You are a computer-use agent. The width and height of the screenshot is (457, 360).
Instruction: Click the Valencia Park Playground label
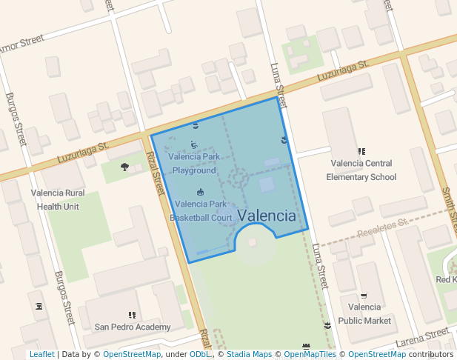click(194, 164)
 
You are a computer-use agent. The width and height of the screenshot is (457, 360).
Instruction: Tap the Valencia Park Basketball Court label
click(201, 210)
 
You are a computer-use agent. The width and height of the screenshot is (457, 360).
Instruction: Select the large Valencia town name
click(266, 216)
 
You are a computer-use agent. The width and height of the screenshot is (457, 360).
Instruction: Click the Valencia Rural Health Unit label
click(58, 200)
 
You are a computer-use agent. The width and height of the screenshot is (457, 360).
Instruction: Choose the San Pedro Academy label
click(132, 326)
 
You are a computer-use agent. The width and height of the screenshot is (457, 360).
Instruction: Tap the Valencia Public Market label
click(364, 313)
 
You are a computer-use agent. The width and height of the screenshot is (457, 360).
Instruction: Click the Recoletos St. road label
click(382, 228)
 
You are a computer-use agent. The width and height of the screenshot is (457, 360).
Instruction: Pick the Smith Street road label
click(449, 207)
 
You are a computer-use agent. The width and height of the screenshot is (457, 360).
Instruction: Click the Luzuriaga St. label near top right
click(342, 71)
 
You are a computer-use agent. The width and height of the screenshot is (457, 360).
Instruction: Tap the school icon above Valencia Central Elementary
click(361, 152)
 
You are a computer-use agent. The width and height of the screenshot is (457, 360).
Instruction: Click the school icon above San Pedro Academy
click(132, 315)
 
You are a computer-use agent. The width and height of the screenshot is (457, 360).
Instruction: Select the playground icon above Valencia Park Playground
click(194, 145)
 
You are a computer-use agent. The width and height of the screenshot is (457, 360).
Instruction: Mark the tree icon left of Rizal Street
click(124, 167)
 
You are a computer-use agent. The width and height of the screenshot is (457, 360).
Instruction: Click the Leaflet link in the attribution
click(42, 354)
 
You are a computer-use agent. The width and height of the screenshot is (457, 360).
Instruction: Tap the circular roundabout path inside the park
click(238, 177)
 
